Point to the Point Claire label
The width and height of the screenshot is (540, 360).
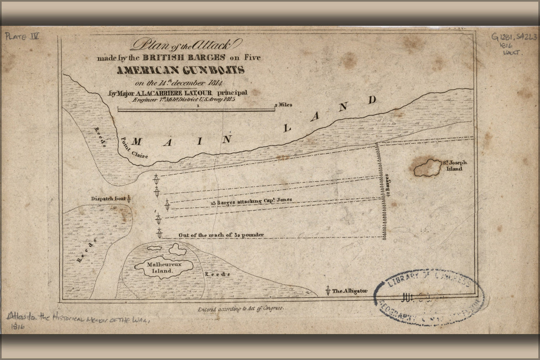tap(134, 148)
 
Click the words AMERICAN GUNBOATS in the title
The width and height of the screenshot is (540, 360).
tap(180, 70)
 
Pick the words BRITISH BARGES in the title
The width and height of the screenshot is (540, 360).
tap(184, 57)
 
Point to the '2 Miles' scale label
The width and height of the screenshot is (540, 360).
tap(284, 105)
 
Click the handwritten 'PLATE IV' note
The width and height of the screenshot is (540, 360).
tap(22, 36)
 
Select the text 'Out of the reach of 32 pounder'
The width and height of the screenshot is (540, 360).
tap(221, 235)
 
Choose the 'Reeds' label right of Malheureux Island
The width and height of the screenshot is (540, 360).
tap(217, 274)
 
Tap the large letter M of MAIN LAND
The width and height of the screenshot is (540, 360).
tap(136, 142)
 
